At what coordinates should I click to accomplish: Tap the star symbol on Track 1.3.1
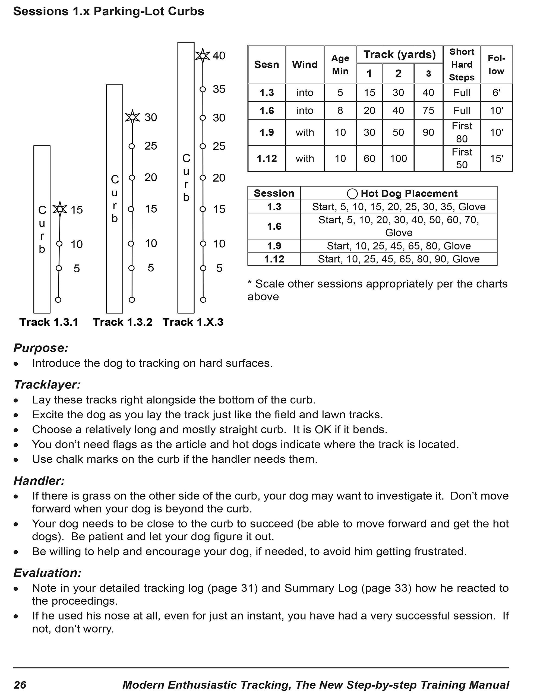point(60,209)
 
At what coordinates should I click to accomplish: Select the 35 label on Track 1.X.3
point(219,89)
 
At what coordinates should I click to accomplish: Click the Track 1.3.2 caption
point(122,322)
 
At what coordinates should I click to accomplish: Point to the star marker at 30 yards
point(132,117)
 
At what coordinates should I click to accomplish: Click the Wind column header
point(305,65)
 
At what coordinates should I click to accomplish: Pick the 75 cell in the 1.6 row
point(428,110)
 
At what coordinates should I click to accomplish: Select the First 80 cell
point(462,132)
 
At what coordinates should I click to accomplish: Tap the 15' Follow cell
point(496,159)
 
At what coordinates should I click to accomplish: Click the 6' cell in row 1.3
point(496,93)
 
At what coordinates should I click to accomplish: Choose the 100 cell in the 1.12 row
point(398,159)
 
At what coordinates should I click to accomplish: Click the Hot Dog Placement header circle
point(352,194)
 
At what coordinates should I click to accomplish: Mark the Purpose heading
point(41,348)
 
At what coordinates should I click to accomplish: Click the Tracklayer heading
point(47,384)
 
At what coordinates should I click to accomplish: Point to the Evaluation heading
point(48,573)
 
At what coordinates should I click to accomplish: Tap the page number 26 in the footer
point(20,685)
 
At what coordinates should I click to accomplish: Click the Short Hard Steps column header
point(462,65)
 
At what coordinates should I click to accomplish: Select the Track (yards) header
point(399,54)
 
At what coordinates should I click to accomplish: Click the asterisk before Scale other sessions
point(250,283)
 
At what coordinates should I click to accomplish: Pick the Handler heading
point(39,481)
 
